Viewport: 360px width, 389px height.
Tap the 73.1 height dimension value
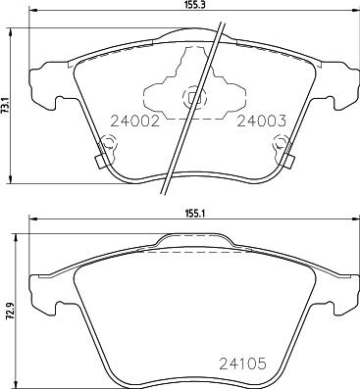point(7,104)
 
